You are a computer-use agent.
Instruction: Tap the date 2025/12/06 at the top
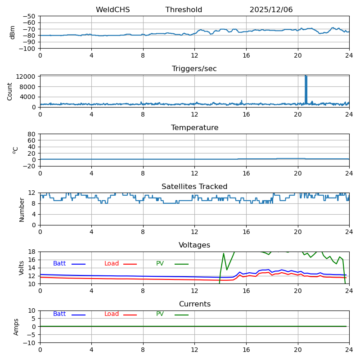pos(271,10)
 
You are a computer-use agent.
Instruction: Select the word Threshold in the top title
pos(184,10)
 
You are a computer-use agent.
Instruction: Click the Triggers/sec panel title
pos(194,69)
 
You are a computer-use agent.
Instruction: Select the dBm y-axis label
pos(13,32)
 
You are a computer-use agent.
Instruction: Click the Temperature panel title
pos(194,128)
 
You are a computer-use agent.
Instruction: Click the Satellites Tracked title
pos(194,187)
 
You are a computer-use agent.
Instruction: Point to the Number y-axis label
pos(22,209)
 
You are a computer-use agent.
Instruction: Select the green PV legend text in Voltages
pos(160,264)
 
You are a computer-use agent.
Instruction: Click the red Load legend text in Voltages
pos(112,264)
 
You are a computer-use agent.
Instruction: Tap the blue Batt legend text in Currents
pos(59,314)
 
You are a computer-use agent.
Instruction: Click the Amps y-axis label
pos(17,327)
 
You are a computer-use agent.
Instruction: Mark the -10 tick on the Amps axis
pos(29,343)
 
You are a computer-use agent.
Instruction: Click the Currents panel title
pos(194,304)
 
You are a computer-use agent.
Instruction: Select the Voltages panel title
pos(194,245)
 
